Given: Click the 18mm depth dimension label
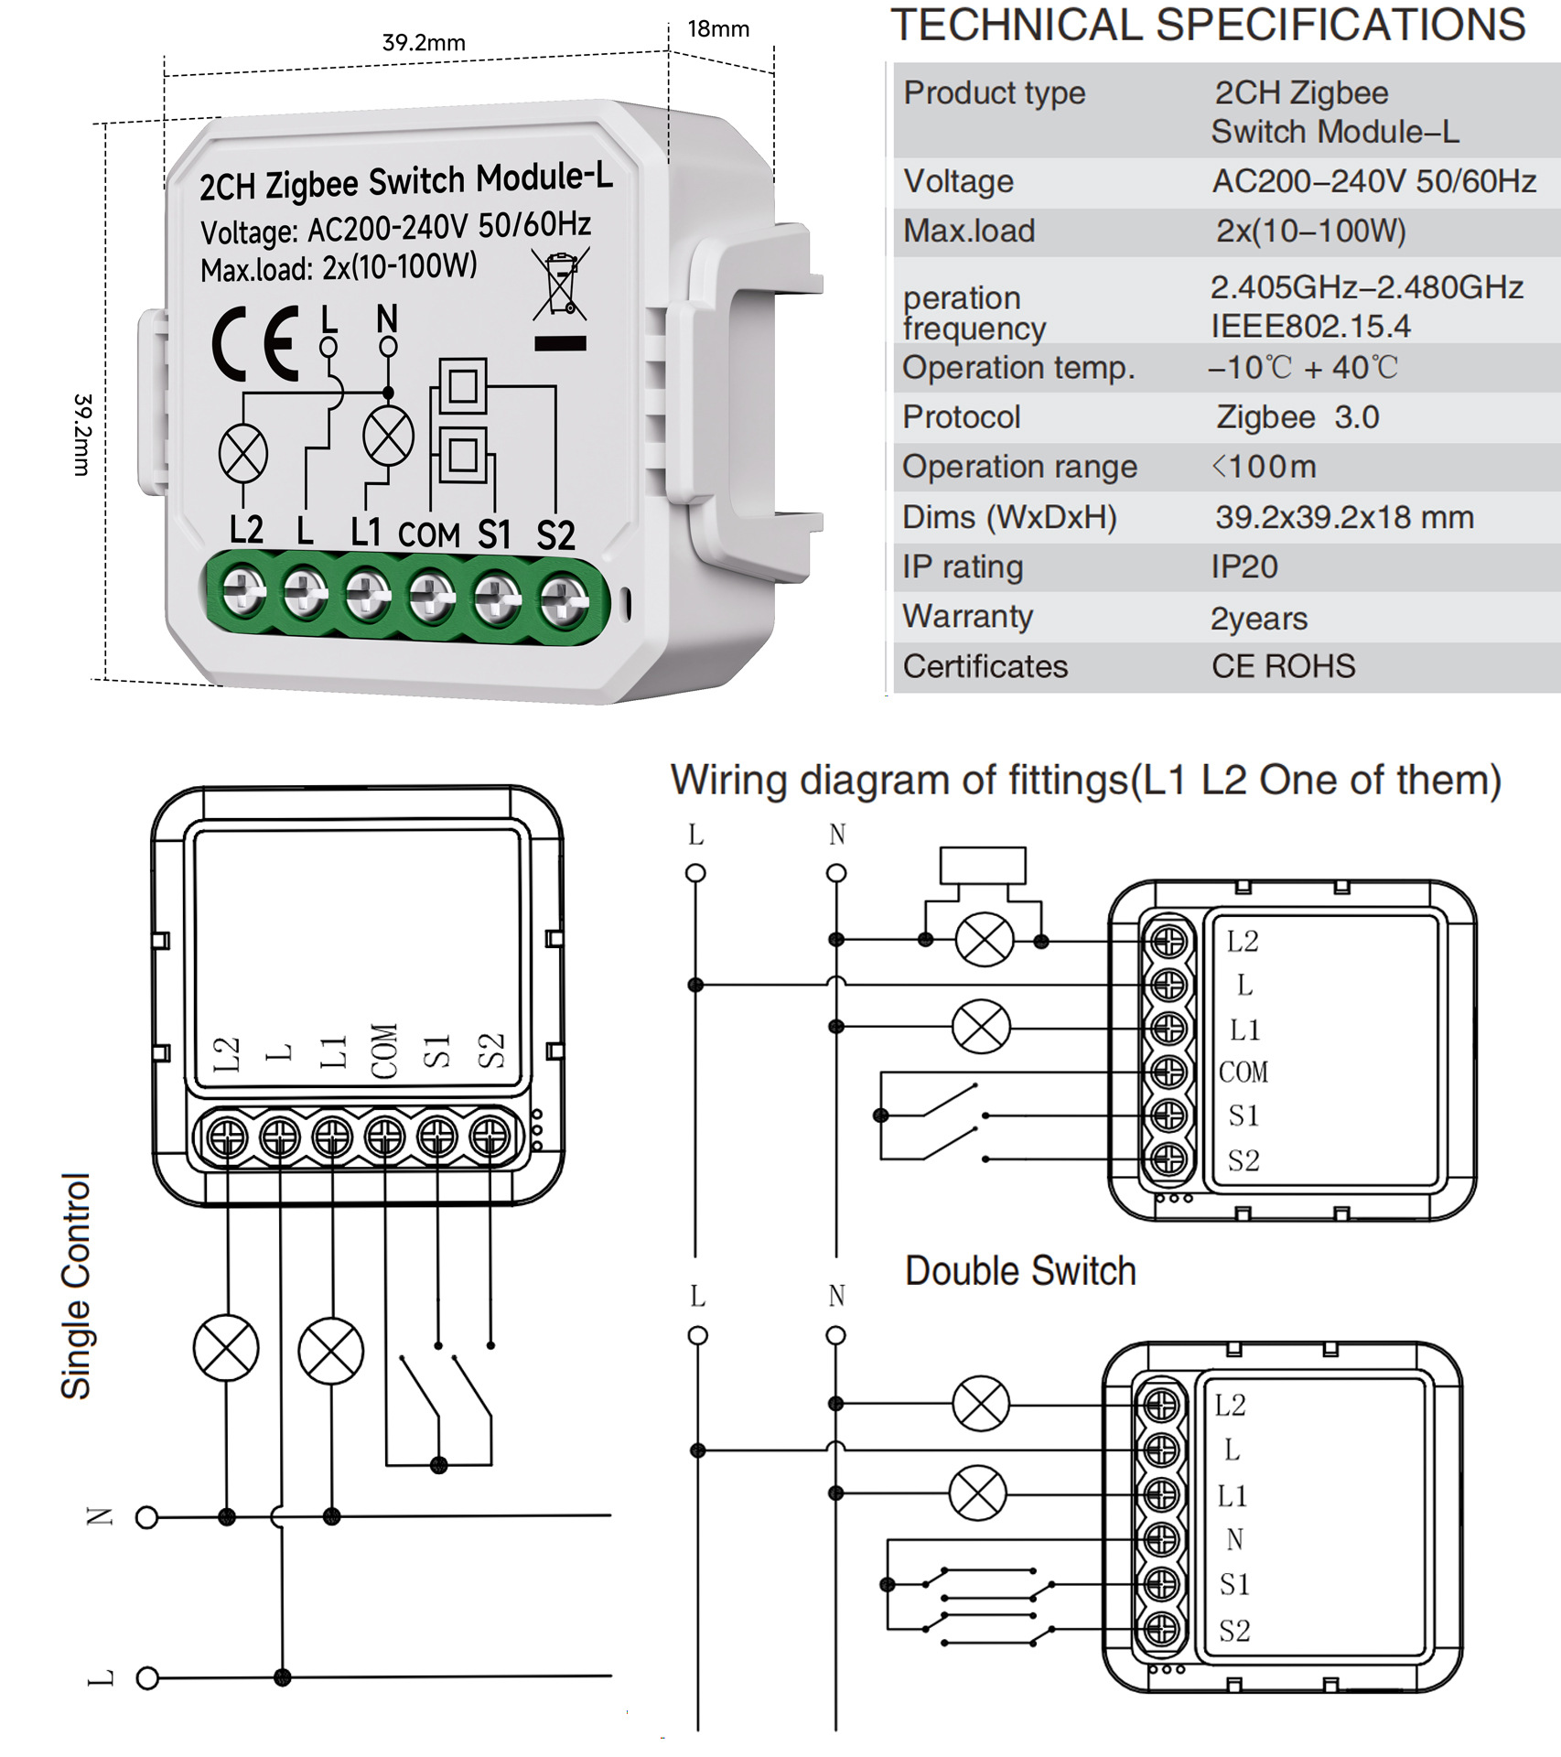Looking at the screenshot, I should tap(718, 29).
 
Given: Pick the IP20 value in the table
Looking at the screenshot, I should tap(1243, 567).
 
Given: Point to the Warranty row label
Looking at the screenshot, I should tap(967, 617).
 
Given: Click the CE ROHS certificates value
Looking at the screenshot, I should tap(1283, 666).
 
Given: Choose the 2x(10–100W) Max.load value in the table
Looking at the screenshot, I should tap(1310, 232).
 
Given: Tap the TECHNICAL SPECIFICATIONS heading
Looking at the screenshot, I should tap(1208, 26).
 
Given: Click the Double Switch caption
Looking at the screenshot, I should tap(1020, 1271).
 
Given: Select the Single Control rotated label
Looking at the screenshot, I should tap(77, 1286).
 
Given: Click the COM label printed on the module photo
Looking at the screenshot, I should tap(429, 534).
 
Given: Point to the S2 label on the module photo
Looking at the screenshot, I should tap(555, 535).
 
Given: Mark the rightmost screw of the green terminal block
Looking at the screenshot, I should tap(562, 602).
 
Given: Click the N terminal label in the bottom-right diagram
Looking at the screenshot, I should tap(1234, 1540).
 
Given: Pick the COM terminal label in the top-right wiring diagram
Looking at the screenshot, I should tap(1243, 1072).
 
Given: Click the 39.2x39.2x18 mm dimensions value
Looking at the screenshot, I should tap(1344, 518).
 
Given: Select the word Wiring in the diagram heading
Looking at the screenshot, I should tap(728, 781).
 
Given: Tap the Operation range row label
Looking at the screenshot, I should tap(1019, 468).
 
